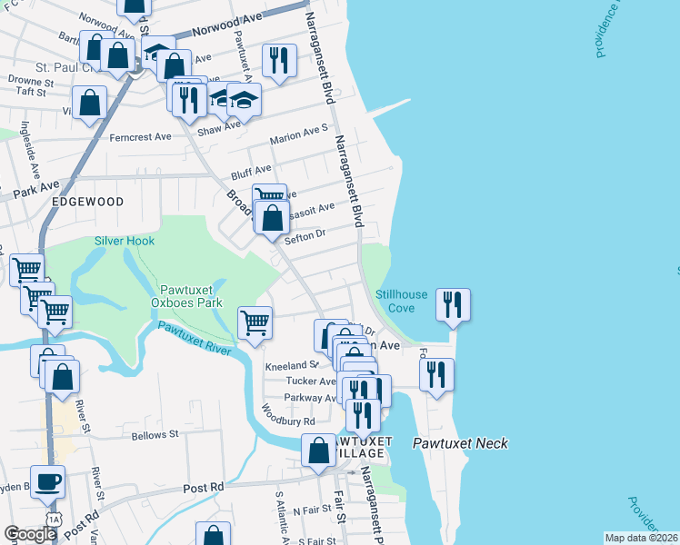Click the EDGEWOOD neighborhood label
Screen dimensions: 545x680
coord(87,201)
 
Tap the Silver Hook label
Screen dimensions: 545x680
coord(125,241)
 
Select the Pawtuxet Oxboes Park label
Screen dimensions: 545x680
coord(185,295)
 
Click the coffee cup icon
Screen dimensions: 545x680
coord(48,481)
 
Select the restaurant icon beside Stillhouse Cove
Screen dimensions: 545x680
coord(454,305)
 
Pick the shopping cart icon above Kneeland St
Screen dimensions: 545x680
coord(255,322)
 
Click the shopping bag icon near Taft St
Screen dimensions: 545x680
coord(91,104)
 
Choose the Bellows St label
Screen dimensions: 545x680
coord(154,436)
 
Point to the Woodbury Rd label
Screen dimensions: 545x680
coord(290,421)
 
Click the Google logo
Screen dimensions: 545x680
coord(29,534)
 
